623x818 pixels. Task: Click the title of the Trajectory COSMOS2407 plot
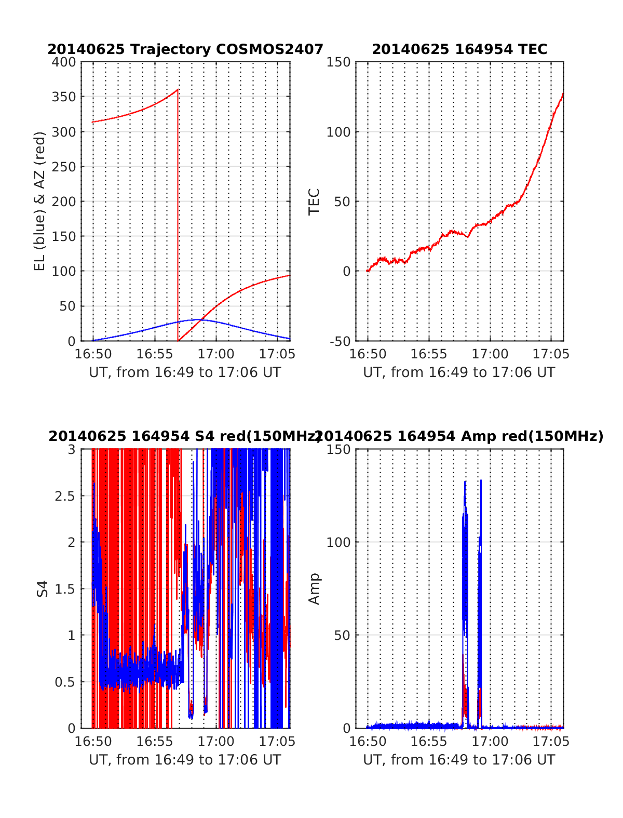(185, 49)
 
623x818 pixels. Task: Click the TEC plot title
(459, 49)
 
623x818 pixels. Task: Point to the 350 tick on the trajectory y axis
(63, 97)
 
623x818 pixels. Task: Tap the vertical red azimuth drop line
(178, 218)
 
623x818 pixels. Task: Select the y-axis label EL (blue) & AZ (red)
(40, 201)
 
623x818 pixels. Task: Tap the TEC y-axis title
(314, 201)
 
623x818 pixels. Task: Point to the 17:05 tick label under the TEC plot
(551, 354)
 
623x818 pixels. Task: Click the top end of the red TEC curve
(563, 95)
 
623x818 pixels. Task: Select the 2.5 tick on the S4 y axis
(65, 495)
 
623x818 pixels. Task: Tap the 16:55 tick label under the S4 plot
(155, 741)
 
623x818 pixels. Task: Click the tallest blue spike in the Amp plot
(481, 481)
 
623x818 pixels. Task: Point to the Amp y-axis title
(314, 588)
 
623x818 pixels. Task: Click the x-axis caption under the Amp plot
(459, 760)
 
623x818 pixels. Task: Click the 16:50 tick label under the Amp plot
(368, 741)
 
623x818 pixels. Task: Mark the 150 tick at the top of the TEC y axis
(338, 62)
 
